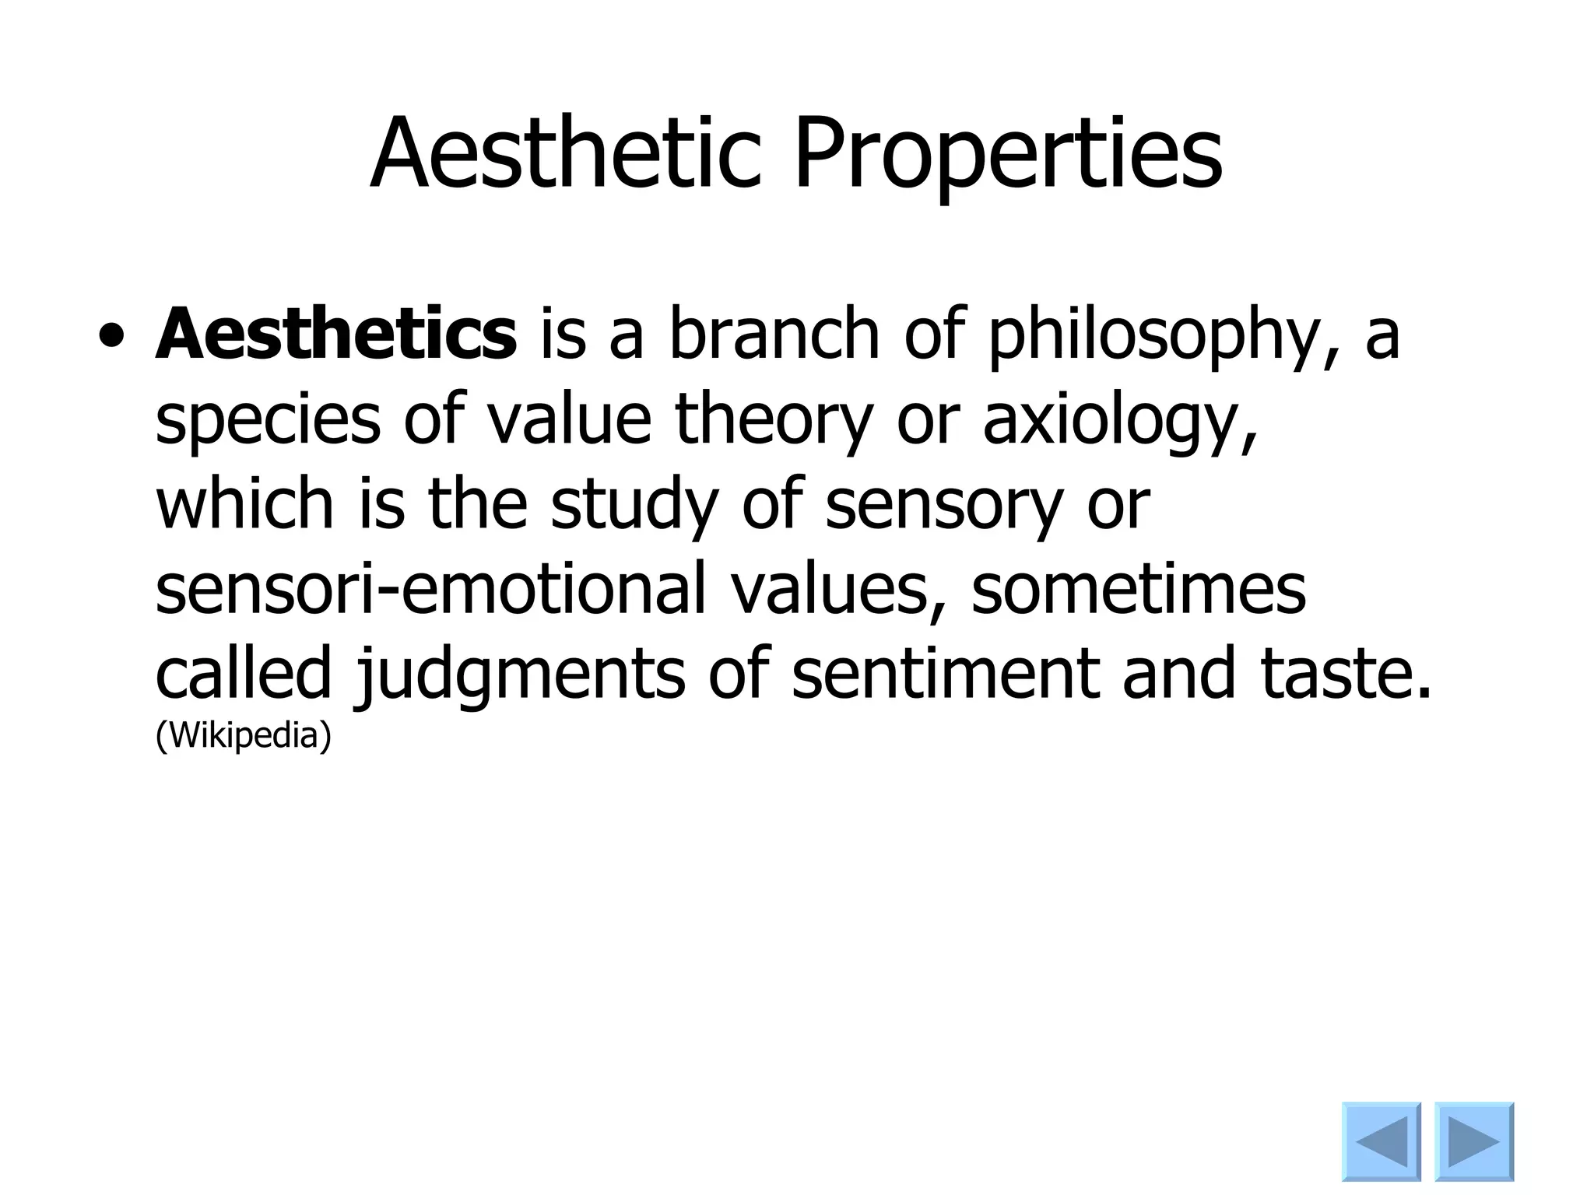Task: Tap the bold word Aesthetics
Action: tap(336, 335)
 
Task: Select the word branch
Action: tap(774, 335)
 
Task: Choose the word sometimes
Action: tap(1139, 589)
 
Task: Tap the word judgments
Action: tap(521, 675)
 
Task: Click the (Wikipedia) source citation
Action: tap(244, 735)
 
